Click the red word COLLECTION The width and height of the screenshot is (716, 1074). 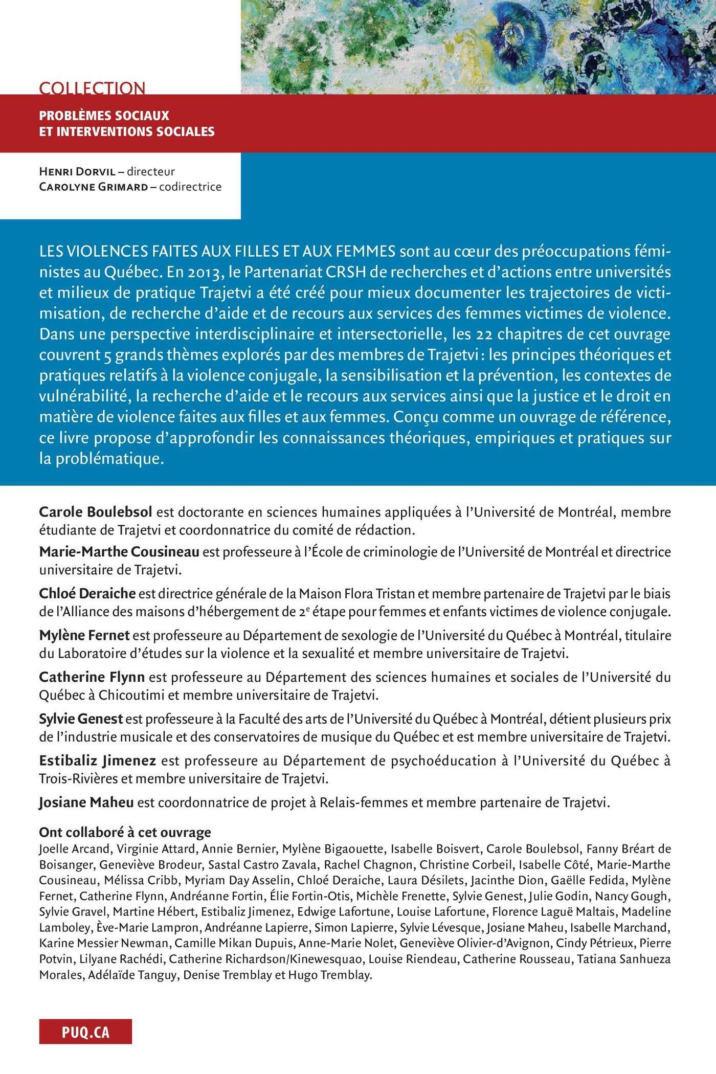pos(92,88)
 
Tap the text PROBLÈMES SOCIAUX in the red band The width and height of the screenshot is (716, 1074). pos(104,116)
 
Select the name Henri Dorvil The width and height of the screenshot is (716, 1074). pos(77,171)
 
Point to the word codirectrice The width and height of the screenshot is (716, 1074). pos(190,187)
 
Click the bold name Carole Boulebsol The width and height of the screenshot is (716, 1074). pos(96,512)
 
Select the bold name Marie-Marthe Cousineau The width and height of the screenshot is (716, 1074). pos(119,552)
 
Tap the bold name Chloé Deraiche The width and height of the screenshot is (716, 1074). pos(87,593)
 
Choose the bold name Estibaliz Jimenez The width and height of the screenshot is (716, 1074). pos(98,760)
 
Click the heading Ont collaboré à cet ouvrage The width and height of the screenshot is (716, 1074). pos(125,833)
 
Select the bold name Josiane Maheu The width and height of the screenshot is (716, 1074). pos(86,802)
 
